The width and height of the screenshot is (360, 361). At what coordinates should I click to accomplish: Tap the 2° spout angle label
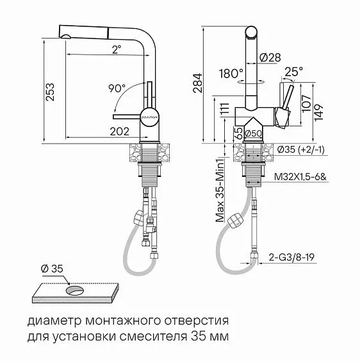pyautogui.click(x=115, y=49)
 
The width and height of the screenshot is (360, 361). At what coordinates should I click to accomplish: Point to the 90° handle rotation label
pyautogui.click(x=117, y=87)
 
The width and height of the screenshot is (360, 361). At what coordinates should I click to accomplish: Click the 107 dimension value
pyautogui.click(x=306, y=104)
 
